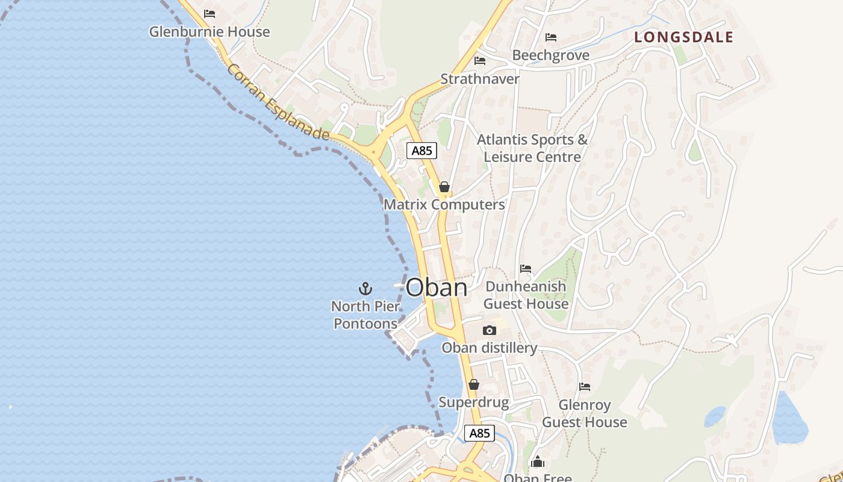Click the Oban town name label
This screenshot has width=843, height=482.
click(437, 287)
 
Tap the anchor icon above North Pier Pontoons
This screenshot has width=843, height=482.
click(366, 289)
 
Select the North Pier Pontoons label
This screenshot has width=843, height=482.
click(366, 315)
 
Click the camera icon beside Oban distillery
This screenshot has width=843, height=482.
click(490, 330)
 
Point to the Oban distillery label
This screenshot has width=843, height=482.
click(489, 348)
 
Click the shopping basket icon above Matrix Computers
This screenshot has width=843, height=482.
click(444, 187)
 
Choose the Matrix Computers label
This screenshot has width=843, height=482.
click(444, 204)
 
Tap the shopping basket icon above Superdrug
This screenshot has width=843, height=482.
click(474, 384)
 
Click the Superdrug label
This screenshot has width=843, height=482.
click(474, 402)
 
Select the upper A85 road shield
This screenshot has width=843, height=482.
click(421, 151)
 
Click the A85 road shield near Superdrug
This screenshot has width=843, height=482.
click(479, 433)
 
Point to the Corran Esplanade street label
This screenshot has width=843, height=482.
click(278, 102)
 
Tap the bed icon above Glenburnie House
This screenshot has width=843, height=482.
click(210, 13)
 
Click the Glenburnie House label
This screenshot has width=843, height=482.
click(210, 31)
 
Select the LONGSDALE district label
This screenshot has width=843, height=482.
click(684, 37)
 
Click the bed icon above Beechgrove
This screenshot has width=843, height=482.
click(550, 37)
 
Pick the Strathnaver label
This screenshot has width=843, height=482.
click(480, 79)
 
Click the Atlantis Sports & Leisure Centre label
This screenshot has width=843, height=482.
click(532, 148)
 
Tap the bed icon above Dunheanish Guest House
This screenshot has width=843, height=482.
click(526, 269)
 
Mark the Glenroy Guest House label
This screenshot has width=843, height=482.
click(585, 413)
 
